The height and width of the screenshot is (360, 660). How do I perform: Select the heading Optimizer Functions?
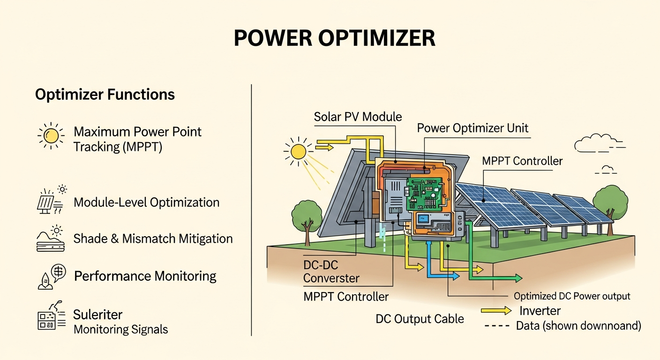click(x=105, y=95)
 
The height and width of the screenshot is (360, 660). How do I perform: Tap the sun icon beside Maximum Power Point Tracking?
click(x=51, y=135)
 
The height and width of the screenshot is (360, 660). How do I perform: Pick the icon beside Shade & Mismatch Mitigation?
click(x=50, y=239)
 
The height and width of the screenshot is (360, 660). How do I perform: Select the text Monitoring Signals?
click(x=120, y=330)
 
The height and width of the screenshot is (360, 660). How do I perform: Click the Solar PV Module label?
click(x=358, y=117)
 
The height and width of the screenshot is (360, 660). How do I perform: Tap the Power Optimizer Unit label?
click(x=472, y=128)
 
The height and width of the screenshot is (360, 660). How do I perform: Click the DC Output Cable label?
click(x=420, y=319)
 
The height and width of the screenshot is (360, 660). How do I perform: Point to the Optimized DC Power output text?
click(x=572, y=296)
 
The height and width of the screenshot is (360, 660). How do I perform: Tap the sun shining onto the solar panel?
click(x=297, y=151)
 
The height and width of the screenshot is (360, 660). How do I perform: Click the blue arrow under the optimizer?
click(x=453, y=277)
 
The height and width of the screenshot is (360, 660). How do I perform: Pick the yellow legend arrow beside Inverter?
click(x=496, y=311)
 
